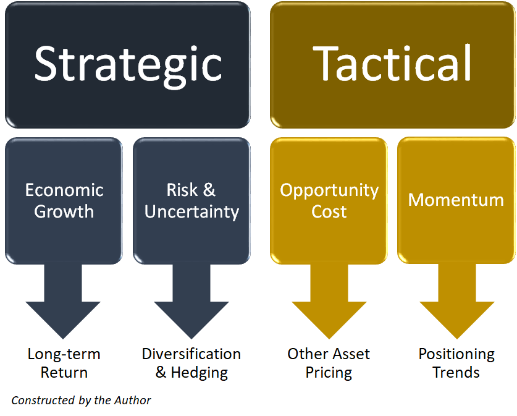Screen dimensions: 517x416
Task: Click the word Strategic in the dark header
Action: [128, 66]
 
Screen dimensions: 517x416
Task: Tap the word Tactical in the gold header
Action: [392, 62]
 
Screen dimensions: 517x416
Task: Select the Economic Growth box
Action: [64, 200]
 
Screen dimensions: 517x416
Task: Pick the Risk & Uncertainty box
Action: [191, 200]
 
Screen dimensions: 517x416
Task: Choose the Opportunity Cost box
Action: [329, 200]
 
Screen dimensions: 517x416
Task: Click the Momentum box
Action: [456, 200]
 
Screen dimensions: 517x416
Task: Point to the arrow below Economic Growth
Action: [63, 301]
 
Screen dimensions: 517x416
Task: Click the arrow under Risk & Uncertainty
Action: [191, 301]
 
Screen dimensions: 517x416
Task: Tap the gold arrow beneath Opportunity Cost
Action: [329, 301]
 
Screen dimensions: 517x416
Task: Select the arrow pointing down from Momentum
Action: [457, 301]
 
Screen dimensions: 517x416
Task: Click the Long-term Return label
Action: [64, 363]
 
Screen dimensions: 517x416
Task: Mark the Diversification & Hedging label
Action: [191, 363]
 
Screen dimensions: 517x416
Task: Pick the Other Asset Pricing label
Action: [329, 363]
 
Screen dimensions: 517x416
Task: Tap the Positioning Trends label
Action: [456, 363]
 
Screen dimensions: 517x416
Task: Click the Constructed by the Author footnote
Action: [81, 401]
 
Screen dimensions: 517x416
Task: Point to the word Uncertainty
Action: [191, 212]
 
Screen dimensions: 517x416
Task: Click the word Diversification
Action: [191, 354]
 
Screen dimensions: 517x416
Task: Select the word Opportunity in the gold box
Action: [329, 191]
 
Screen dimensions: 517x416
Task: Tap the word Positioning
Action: [456, 355]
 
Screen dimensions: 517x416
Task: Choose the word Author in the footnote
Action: [133, 400]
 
